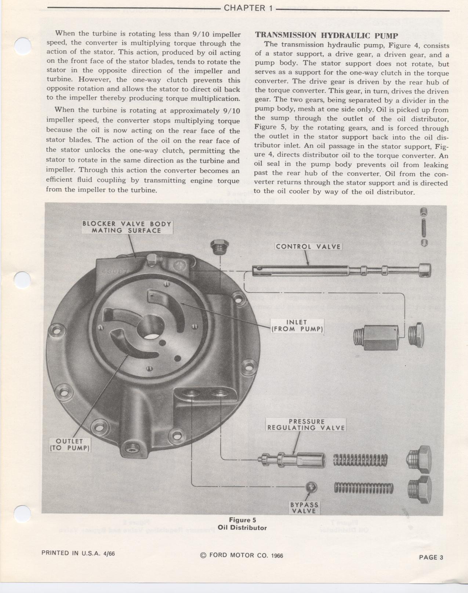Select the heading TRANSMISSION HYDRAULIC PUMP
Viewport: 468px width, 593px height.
tap(326, 36)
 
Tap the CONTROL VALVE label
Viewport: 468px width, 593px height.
tap(308, 247)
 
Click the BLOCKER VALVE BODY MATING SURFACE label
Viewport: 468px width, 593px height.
tap(127, 227)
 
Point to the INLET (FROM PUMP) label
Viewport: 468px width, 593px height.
tap(297, 325)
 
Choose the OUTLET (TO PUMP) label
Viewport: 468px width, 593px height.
tap(69, 444)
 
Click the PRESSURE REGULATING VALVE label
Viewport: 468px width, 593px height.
tap(306, 425)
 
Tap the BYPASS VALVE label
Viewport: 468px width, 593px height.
tap(304, 507)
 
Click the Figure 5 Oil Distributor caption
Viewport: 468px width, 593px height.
tap(242, 524)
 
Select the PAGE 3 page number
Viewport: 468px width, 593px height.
tap(431, 557)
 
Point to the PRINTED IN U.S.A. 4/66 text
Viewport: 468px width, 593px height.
tap(78, 553)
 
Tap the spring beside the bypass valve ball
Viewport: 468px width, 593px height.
tap(363, 488)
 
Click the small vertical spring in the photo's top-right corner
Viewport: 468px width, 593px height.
tap(424, 226)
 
